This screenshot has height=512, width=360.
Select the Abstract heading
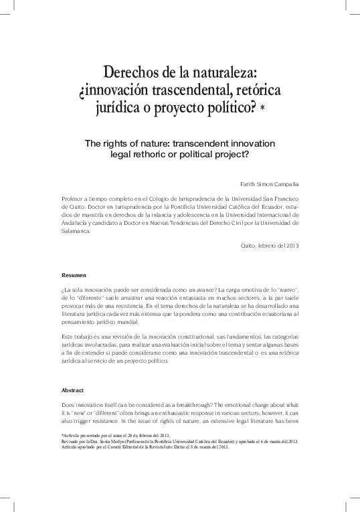click(72, 389)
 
